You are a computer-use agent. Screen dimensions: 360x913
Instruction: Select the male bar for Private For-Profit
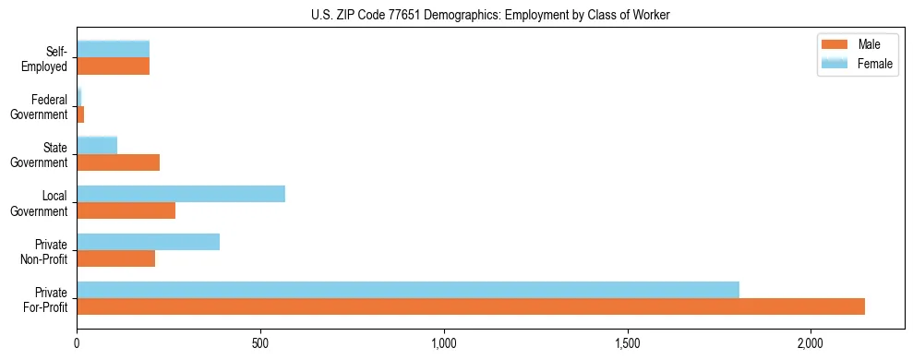click(471, 306)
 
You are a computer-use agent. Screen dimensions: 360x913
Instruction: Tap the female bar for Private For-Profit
click(408, 290)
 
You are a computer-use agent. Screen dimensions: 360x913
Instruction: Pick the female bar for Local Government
click(181, 194)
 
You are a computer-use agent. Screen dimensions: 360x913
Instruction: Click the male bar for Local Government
click(126, 210)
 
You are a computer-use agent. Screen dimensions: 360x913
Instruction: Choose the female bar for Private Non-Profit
click(149, 242)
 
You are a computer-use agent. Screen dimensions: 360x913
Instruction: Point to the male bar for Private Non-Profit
click(116, 258)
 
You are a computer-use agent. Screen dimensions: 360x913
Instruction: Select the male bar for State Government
click(118, 162)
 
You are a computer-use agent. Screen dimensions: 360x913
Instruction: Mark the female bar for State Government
click(97, 146)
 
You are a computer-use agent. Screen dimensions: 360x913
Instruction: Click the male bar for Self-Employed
click(114, 66)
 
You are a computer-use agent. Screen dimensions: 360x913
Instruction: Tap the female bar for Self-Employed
click(114, 50)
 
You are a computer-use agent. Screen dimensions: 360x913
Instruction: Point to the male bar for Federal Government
click(80, 114)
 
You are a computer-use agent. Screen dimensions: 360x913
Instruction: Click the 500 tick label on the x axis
click(260, 343)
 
